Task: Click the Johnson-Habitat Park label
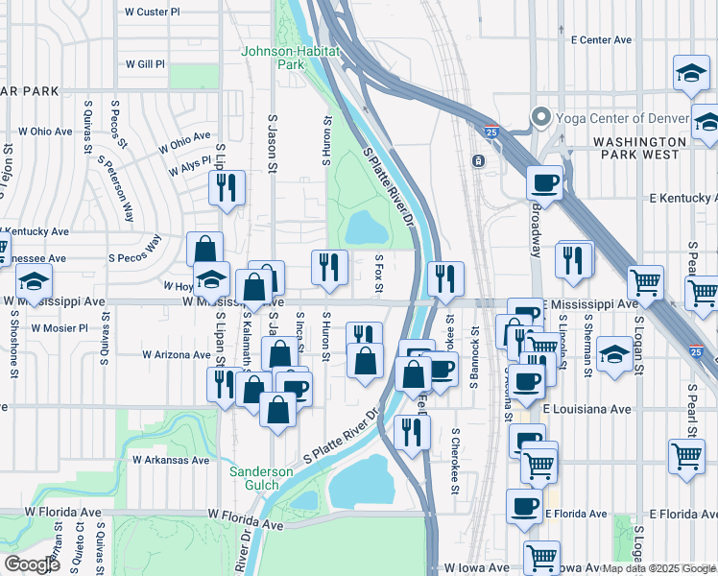274,58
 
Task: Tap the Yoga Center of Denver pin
539,119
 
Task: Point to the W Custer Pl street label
152,12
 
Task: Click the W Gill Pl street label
145,64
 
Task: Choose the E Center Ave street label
601,40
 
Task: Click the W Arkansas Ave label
171,460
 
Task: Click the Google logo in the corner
32,564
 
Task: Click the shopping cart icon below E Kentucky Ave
645,281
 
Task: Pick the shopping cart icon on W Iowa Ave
542,556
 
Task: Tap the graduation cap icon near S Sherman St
614,355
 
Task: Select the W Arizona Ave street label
176,354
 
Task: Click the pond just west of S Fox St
364,228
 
